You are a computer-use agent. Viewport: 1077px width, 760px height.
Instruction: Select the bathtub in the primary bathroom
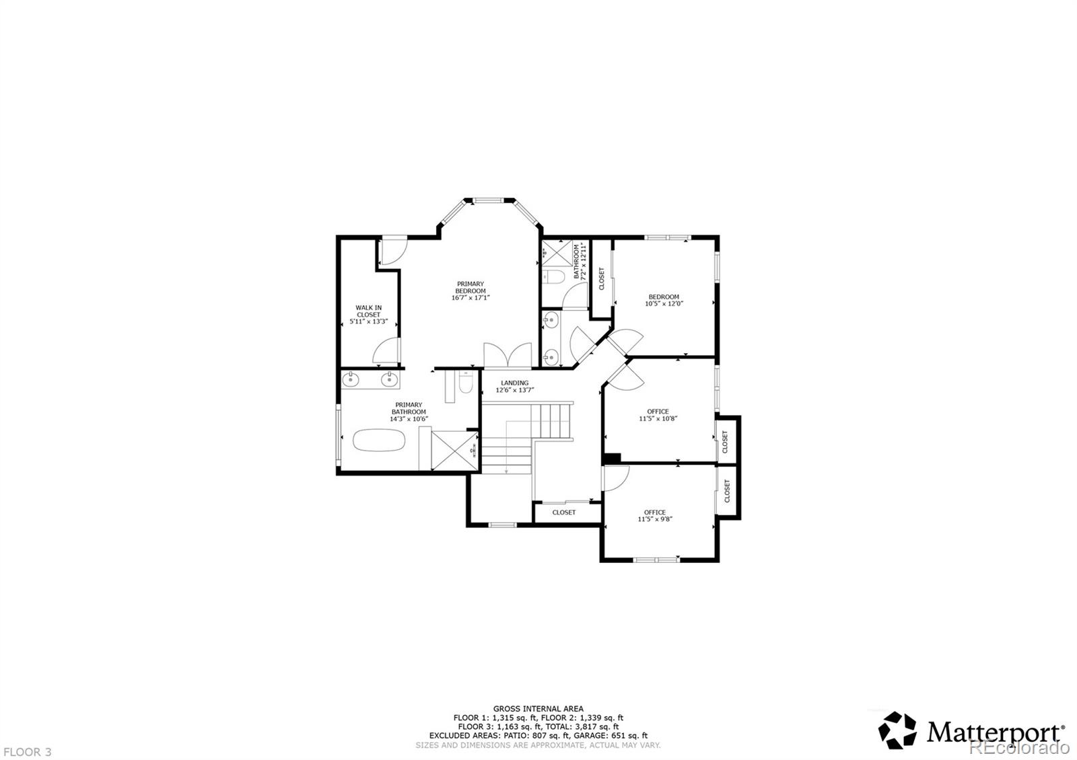tap(379, 440)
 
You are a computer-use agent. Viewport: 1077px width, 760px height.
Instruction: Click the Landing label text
tap(514, 383)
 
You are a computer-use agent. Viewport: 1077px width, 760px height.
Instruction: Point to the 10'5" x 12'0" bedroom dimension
tap(664, 303)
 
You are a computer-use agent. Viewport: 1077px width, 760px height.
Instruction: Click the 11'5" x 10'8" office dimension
tap(658, 418)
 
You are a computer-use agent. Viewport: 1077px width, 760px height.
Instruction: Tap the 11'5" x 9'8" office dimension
tap(655, 519)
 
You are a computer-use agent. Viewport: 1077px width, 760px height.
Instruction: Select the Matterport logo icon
tap(897, 730)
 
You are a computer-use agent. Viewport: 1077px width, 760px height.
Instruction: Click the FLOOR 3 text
tap(28, 752)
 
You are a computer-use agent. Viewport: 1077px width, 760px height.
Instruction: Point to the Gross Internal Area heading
tap(538, 709)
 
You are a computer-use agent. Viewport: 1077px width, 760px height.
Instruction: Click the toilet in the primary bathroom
tap(466, 382)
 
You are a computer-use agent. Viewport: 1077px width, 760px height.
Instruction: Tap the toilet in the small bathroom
tap(553, 276)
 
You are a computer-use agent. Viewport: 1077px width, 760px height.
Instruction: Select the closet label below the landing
tap(563, 512)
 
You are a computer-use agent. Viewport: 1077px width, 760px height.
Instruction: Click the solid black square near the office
tap(611, 458)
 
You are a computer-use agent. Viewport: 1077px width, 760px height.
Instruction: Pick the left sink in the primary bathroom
tap(351, 379)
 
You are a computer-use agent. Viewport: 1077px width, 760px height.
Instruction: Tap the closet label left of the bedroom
tap(601, 278)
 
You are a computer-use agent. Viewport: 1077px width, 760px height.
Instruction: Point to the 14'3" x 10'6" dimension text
tap(409, 419)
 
